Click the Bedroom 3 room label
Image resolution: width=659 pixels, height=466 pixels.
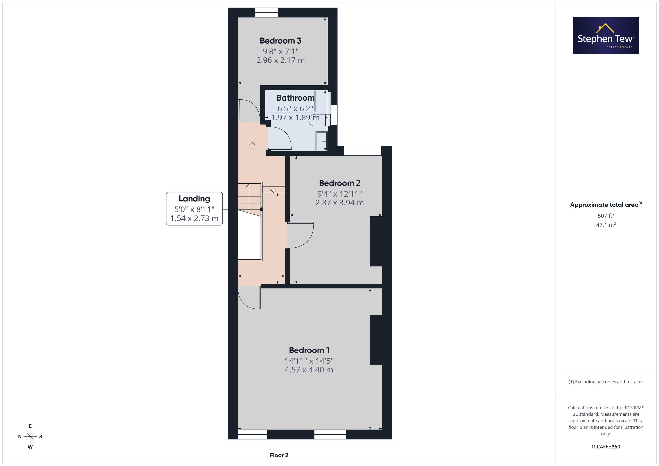click(280, 41)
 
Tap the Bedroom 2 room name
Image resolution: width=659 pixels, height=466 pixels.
click(340, 183)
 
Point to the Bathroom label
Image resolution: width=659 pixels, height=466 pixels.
click(295, 98)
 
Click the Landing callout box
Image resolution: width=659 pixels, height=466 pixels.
click(194, 209)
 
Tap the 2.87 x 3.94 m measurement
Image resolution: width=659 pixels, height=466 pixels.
click(340, 203)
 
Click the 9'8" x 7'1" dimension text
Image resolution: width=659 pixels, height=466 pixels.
click(280, 51)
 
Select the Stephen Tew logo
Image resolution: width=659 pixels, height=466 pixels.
click(606, 36)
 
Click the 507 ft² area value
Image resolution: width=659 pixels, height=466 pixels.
click(606, 215)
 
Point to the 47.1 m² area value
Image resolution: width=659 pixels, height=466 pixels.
click(606, 225)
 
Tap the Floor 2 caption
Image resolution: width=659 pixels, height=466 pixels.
click(279, 455)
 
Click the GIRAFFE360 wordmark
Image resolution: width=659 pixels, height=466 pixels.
click(606, 447)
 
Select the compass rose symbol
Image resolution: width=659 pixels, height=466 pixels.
click(30, 437)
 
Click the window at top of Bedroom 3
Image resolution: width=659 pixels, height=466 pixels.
click(267, 13)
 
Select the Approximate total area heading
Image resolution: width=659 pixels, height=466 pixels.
click(606, 205)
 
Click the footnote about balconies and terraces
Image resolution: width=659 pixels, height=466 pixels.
click(606, 382)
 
